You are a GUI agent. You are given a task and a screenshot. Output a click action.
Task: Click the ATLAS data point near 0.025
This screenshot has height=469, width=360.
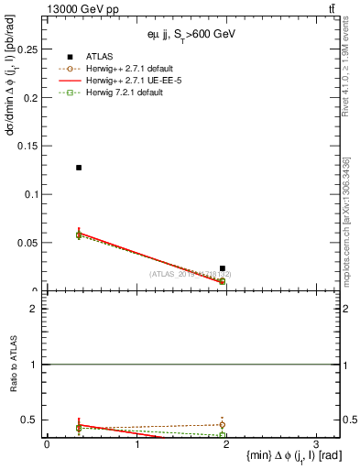tap(223, 268)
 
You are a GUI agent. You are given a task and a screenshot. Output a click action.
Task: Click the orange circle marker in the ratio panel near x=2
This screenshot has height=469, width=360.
tap(223, 425)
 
